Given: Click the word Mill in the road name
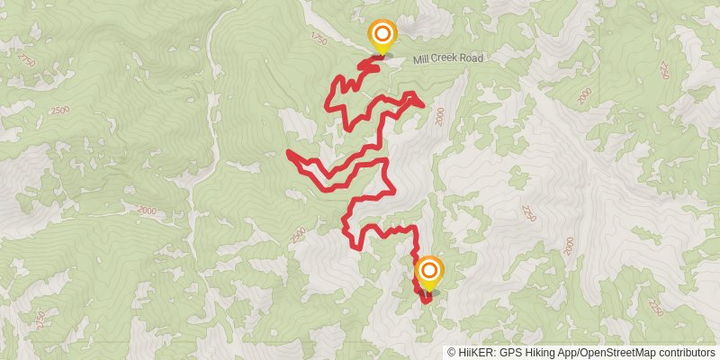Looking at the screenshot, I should click(x=421, y=60).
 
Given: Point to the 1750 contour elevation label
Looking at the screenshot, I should click(x=315, y=39).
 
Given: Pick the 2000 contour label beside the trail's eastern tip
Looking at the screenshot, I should click(x=439, y=116).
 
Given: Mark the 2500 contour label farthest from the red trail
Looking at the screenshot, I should click(x=60, y=110).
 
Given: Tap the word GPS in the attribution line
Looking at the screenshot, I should click(x=507, y=353).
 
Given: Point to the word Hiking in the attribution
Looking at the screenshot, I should click(x=535, y=353).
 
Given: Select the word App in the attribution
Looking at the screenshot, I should click(x=564, y=353).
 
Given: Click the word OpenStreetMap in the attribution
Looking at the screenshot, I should click(x=614, y=353).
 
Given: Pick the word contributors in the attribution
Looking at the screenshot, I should click(x=684, y=353).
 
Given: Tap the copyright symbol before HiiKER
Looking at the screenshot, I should click(x=451, y=353).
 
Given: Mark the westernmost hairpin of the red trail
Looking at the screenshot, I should click(x=288, y=154).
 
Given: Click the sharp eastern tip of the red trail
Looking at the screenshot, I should click(x=422, y=105).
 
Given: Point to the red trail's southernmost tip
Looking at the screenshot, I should click(x=422, y=301).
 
